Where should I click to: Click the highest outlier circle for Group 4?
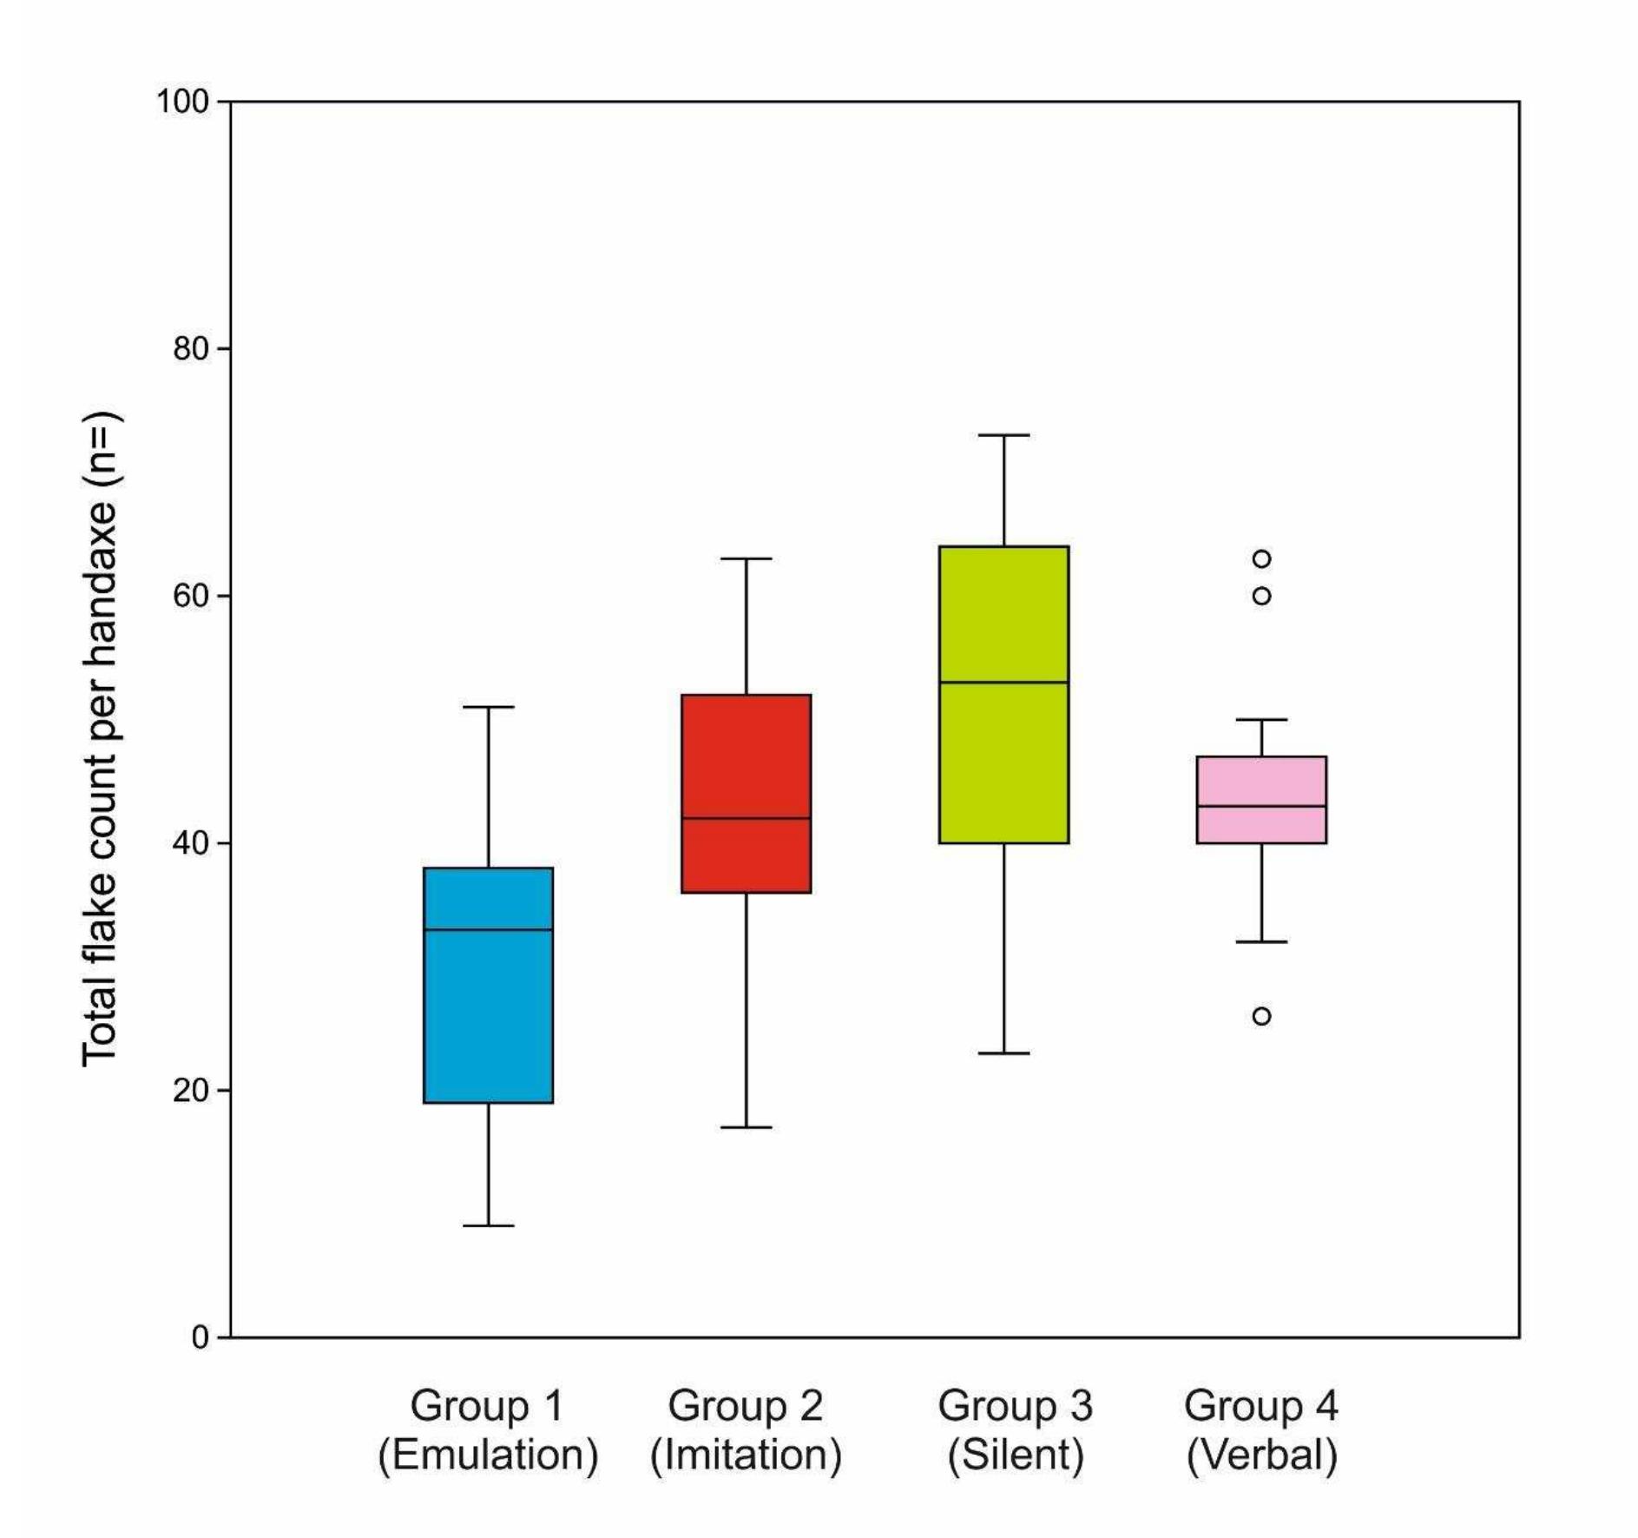[1261, 558]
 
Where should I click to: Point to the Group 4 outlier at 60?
[1261, 596]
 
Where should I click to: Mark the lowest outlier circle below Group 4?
[1261, 1016]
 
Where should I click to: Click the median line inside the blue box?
[488, 929]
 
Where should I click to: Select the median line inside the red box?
[746, 818]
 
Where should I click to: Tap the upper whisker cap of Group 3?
[1003, 435]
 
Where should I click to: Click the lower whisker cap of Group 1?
[488, 1225]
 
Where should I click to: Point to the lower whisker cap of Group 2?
[746, 1127]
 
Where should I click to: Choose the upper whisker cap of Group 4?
[1261, 720]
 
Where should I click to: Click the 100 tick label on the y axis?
[182, 102]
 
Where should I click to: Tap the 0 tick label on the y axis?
[200, 1337]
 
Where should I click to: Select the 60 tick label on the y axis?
[191, 596]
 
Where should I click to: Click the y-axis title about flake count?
[101, 738]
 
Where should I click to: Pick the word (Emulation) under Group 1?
[488, 1455]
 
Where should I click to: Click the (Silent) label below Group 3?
[1015, 1455]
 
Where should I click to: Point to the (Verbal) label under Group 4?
[1261, 1455]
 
